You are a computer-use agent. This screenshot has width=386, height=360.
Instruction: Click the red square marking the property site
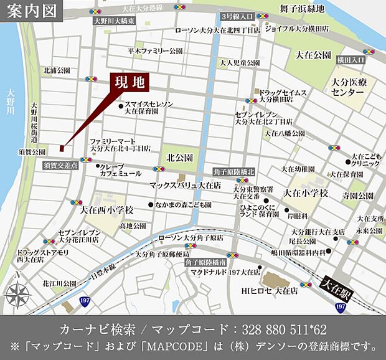(62, 148)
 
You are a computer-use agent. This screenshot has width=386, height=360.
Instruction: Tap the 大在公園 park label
(314, 55)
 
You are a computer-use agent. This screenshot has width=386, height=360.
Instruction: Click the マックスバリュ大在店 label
(185, 185)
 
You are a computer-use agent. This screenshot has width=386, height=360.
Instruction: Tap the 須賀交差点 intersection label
(61, 166)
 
